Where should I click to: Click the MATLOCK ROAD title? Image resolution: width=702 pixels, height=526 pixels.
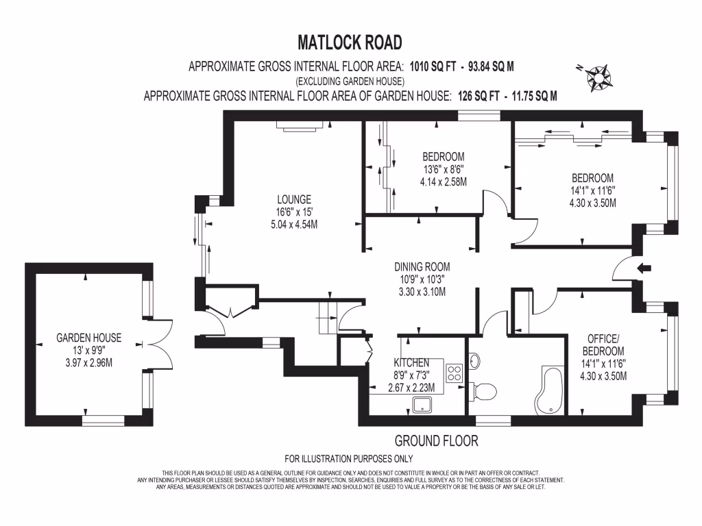(350, 42)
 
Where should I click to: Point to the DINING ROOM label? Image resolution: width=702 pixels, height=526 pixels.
(422, 266)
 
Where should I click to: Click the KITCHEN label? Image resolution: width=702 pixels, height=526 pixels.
(411, 362)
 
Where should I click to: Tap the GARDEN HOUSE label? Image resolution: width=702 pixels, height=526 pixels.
(89, 338)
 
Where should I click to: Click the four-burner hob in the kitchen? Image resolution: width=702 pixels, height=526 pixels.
(455, 373)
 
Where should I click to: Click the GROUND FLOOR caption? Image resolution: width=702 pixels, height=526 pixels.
(436, 441)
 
